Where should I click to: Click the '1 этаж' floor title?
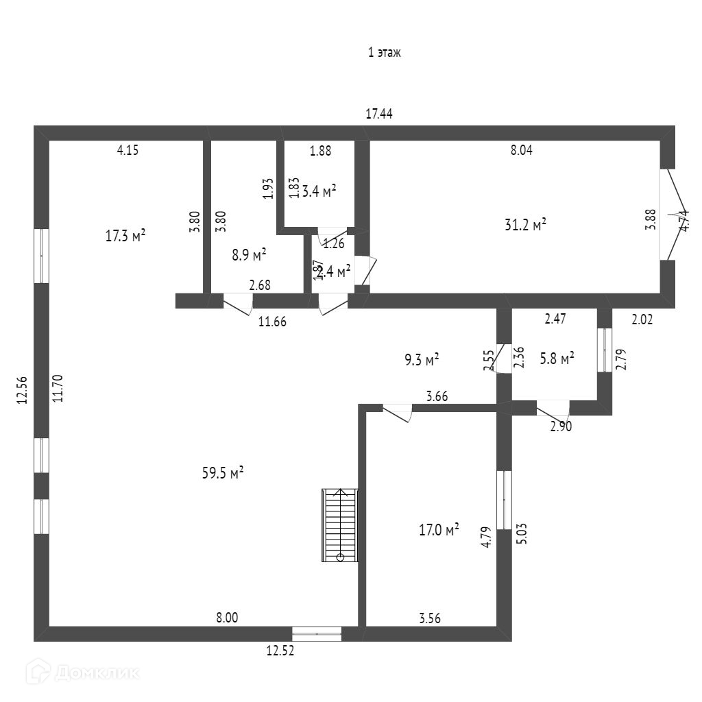click(x=384, y=53)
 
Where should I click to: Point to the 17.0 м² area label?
click(x=439, y=529)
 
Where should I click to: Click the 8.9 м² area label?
click(x=249, y=255)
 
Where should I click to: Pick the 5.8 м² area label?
click(x=557, y=358)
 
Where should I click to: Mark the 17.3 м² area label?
click(x=125, y=236)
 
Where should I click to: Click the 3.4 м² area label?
click(x=319, y=191)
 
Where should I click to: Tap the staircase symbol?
click(x=340, y=525)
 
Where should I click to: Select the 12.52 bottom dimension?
click(x=280, y=652)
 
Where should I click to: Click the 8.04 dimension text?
click(x=521, y=152)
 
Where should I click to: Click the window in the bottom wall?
click(x=317, y=634)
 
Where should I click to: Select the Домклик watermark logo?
click(x=83, y=673)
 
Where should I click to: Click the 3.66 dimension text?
click(x=437, y=396)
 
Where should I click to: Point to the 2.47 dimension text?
click(x=555, y=318)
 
